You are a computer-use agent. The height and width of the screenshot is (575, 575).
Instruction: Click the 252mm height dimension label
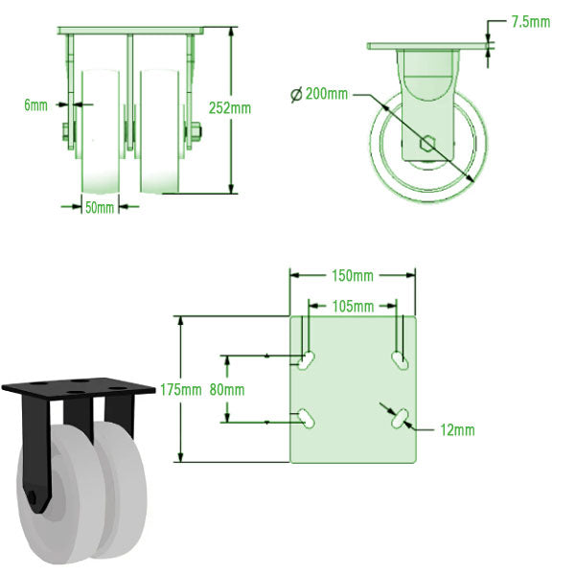[230, 108]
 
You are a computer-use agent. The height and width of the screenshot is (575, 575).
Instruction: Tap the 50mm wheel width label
[99, 206]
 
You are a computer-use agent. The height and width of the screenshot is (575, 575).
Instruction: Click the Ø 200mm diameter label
[318, 94]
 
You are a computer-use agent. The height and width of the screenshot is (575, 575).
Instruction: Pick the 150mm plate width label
[352, 277]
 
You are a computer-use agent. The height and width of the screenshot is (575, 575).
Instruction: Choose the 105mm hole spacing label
[352, 307]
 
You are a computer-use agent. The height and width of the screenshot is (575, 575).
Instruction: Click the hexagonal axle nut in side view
[428, 146]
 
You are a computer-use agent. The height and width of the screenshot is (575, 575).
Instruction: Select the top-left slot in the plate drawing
[308, 361]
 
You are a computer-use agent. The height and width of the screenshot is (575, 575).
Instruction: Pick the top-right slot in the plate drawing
[398, 360]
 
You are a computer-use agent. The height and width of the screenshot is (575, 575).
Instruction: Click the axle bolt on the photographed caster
[34, 500]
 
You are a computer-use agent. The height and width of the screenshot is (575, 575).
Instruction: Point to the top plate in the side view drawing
[429, 45]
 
